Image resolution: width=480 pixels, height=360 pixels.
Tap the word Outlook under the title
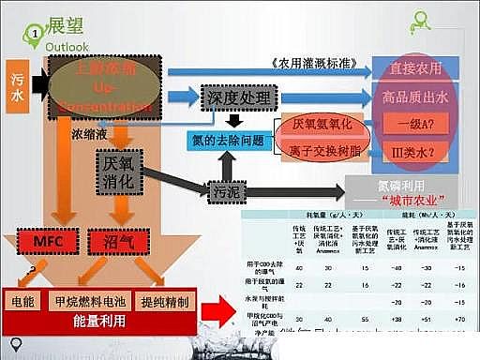click(x=66, y=45)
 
